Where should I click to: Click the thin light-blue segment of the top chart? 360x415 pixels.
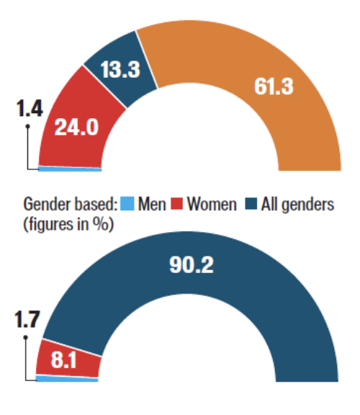tap(69, 169)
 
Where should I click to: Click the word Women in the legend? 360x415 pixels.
tap(211, 205)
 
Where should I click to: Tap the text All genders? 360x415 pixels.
tap(297, 205)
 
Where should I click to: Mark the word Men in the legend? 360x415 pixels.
tap(150, 205)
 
